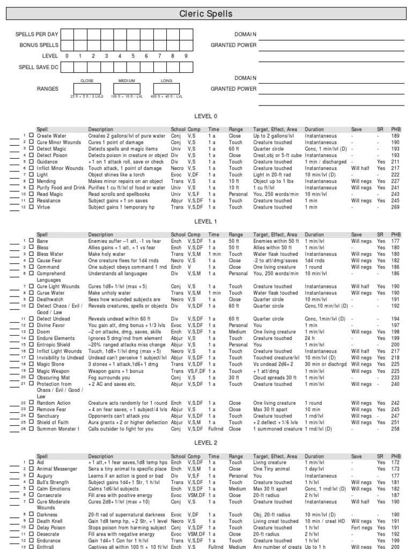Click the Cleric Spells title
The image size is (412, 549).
[x=206, y=14]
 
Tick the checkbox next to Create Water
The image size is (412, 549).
[x=31, y=136]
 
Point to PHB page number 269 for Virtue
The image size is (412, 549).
[x=396, y=207]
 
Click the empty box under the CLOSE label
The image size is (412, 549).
[x=87, y=88]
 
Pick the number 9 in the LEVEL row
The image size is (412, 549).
[x=186, y=56]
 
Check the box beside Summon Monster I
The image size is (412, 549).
[x=31, y=429]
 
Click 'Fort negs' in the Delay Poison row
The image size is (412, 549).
[x=362, y=527]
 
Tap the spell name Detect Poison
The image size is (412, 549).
[x=52, y=155]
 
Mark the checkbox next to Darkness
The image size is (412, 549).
[x=31, y=514]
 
